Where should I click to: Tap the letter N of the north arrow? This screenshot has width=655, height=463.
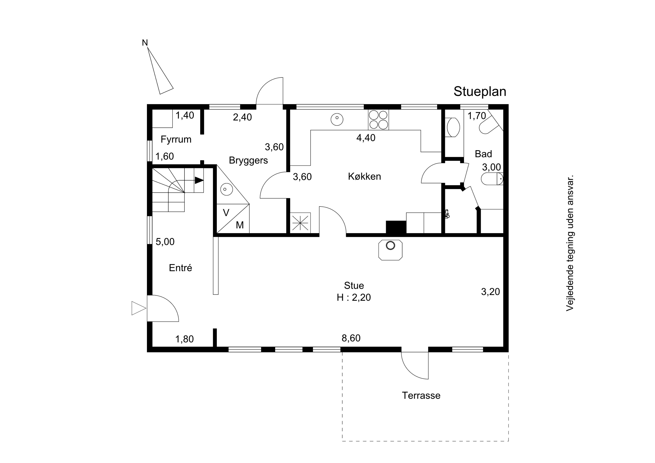tap(145, 43)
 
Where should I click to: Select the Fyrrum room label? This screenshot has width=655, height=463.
tap(176, 139)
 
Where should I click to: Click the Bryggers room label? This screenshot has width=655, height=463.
tap(248, 161)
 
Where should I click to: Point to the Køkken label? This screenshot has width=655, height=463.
tap(364, 177)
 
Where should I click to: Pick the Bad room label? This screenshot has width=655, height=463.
tap(483, 154)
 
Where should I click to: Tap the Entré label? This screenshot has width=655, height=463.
tap(180, 268)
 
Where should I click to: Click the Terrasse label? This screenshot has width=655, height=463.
tap(421, 396)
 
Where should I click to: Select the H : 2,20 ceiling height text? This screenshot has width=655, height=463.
tap(354, 298)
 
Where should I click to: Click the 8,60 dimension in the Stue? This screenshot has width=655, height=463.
tap(351, 338)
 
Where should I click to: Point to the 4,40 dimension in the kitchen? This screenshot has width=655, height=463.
tap(366, 138)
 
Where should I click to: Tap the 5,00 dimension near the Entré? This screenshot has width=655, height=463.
tap(165, 242)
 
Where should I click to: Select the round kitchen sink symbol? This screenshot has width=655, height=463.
tap(337, 120)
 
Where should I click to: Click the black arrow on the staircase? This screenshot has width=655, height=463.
tap(199, 180)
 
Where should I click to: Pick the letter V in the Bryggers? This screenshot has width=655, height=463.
tap(226, 213)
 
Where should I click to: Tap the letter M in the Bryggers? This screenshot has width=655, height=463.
tap(240, 225)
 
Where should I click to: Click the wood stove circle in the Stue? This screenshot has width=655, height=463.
tap(390, 245)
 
